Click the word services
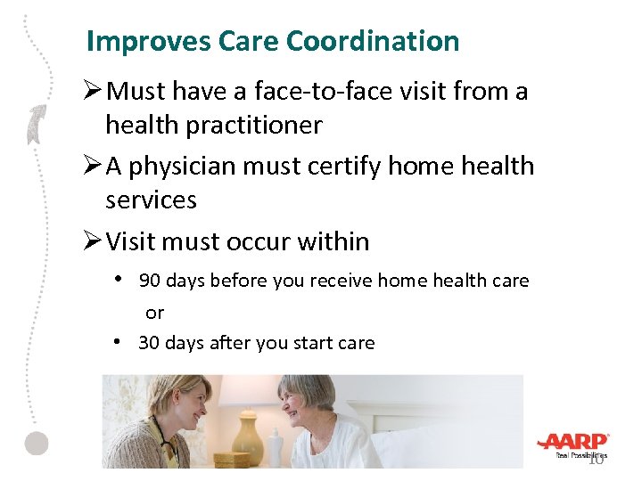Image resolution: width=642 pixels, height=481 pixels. (151, 200)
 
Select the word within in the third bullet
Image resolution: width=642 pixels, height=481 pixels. (335, 241)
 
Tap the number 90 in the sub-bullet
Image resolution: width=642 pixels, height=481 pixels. (150, 281)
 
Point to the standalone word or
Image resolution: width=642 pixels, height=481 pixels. (155, 313)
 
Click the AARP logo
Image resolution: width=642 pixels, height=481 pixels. (572, 443)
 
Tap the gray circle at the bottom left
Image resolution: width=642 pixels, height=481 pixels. (37, 443)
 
